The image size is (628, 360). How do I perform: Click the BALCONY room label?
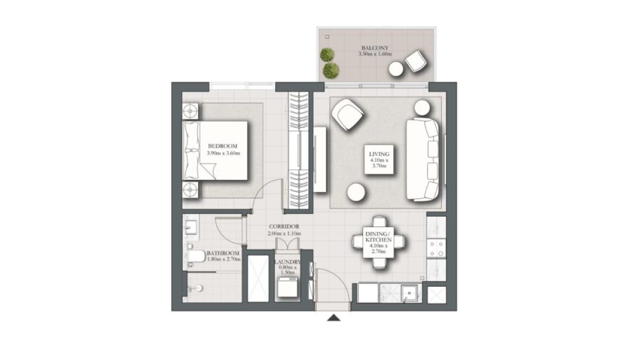point(375,47)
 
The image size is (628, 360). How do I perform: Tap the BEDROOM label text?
point(223,146)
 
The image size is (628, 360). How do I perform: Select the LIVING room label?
point(379,154)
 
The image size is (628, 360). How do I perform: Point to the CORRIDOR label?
point(284,226)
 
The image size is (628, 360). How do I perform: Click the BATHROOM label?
point(223,253)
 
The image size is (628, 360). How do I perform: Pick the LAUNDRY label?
point(288,262)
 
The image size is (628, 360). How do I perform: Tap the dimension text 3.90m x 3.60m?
point(223,153)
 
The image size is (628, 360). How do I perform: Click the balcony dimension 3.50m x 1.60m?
point(375,54)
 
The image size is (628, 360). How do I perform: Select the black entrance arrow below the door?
point(333,318)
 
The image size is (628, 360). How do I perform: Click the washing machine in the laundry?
point(288,287)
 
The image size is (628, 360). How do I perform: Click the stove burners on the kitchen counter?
point(436,249)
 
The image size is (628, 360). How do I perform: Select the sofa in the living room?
point(422,159)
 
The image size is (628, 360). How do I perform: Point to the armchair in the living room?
point(348,115)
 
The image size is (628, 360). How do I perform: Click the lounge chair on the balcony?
point(415,61)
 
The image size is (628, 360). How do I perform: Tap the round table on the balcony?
point(396,69)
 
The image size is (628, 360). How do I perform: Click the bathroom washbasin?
point(191,226)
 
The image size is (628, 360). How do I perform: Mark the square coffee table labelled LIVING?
point(379,159)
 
